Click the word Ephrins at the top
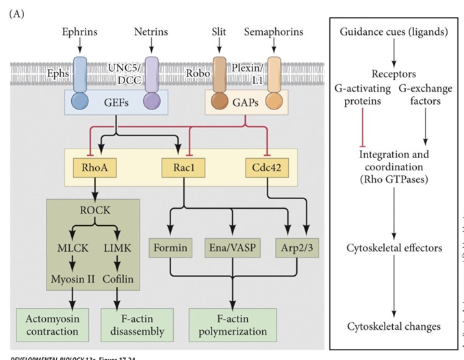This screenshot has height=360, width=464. [79, 31]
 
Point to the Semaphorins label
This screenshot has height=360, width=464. [274, 31]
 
